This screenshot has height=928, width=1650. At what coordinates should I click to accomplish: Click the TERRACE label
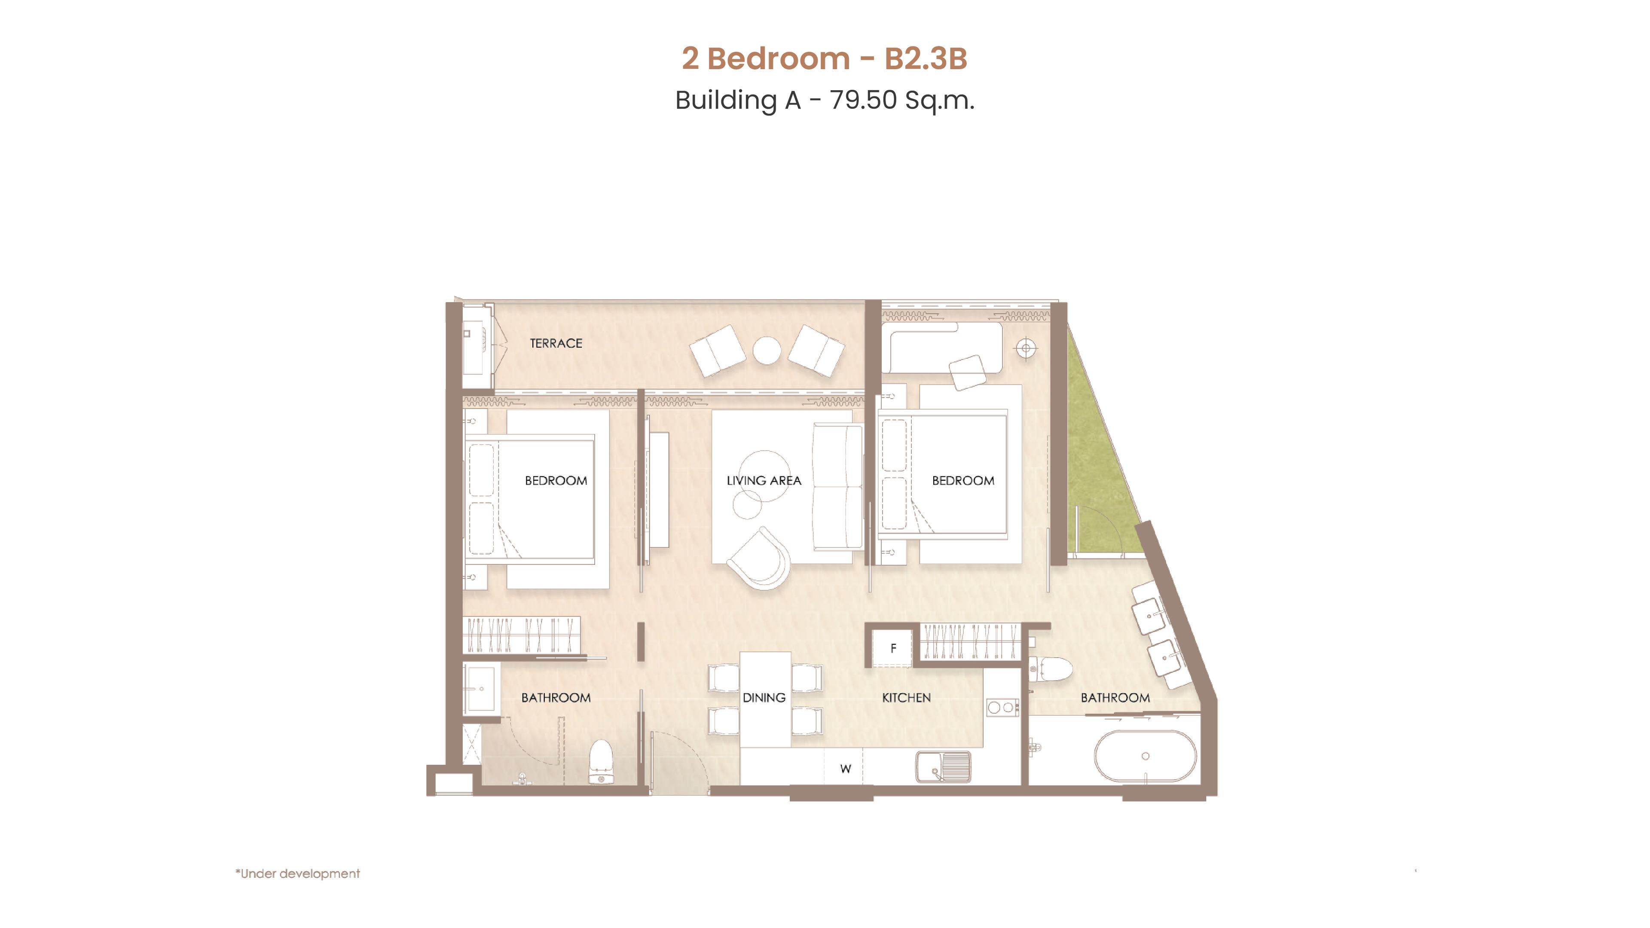coord(556,343)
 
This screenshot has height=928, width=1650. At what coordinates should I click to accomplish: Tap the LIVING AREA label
coord(764,480)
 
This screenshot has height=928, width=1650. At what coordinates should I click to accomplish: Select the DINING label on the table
coord(764,697)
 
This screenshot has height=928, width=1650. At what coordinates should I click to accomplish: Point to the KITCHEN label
coord(906,697)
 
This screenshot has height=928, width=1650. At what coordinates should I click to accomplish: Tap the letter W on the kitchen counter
coord(846,769)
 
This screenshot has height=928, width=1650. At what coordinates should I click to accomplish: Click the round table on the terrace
coord(767,350)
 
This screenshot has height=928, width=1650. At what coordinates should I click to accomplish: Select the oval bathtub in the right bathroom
coord(1145,756)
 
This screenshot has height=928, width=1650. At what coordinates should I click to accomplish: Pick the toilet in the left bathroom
coord(601,762)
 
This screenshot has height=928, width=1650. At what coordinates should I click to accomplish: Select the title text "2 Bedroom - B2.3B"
coord(825,58)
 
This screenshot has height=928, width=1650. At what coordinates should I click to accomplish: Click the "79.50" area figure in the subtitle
coord(863,100)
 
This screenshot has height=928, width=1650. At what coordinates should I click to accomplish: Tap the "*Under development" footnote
coord(298,873)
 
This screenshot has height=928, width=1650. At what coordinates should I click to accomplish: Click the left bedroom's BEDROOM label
coord(556,480)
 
